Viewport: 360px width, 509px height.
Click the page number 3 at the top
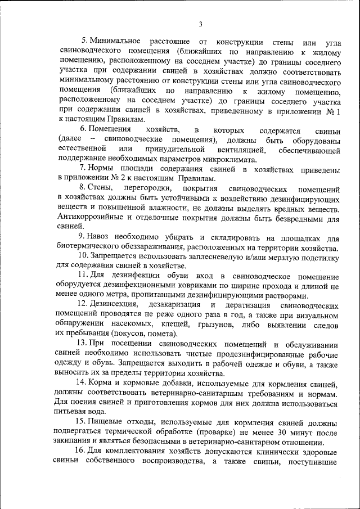tap(200, 24)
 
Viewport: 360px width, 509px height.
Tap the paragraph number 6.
tap(82, 130)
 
